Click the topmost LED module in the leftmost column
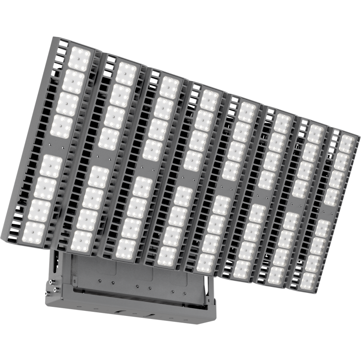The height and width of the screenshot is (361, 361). [80, 59]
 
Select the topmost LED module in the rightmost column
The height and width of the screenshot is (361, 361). [346, 143]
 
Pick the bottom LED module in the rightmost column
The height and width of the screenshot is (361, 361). [308, 280]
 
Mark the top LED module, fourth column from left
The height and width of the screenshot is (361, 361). [208, 99]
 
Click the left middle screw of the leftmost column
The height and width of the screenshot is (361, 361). [48, 145]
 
